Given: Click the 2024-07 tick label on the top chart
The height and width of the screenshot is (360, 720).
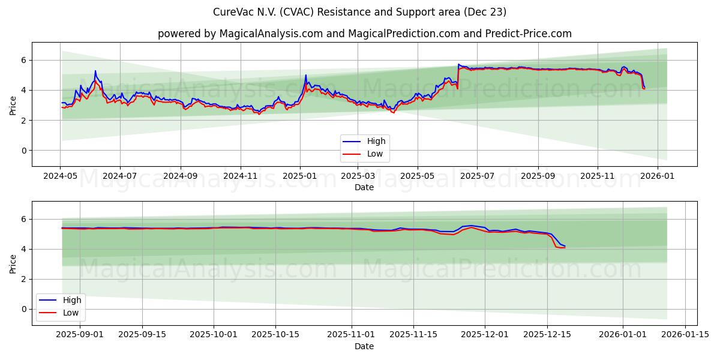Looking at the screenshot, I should pos(120,176).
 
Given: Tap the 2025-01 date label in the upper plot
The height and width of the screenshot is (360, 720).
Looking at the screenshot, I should pos(300,176).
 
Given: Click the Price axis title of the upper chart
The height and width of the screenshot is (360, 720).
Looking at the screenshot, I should pos(13,104).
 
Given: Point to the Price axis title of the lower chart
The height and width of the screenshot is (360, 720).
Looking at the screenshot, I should pos(13,263).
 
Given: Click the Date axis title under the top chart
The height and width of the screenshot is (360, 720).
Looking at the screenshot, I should pos(364,187).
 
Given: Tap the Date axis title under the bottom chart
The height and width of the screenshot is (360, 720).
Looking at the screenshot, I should pos(364,346).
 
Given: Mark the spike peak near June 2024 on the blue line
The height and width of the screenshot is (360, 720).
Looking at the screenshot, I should pos(95,71).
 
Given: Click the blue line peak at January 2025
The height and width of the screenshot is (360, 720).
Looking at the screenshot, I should pos(305,75).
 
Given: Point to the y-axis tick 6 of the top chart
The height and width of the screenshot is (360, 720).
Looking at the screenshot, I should pos(23,60).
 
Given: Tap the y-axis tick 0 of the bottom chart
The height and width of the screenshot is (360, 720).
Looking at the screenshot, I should pos(23,309).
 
